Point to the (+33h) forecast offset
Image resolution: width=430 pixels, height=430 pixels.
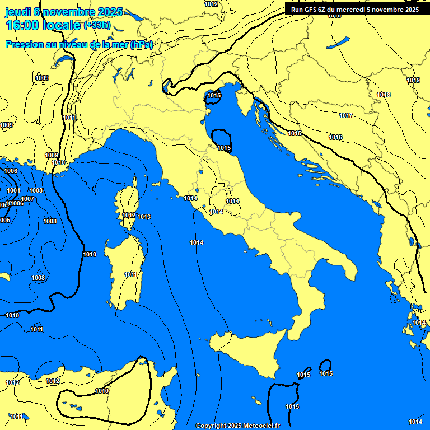tap(97, 25)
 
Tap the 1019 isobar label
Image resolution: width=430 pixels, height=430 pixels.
tap(413, 81)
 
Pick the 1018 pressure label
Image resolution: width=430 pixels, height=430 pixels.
tap(384, 95)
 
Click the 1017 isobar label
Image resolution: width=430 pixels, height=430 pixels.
tap(345, 116)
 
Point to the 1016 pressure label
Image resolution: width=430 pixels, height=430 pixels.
tap(335, 138)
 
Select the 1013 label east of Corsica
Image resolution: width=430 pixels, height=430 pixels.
tap(144, 217)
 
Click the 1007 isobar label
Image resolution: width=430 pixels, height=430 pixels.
tap(27, 199)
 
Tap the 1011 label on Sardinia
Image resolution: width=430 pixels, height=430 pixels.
tap(131, 275)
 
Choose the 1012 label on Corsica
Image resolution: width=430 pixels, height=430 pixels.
tap(129, 216)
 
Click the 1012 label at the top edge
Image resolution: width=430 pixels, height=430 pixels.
tap(212, 4)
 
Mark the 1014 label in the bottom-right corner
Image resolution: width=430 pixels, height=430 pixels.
tap(415, 422)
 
